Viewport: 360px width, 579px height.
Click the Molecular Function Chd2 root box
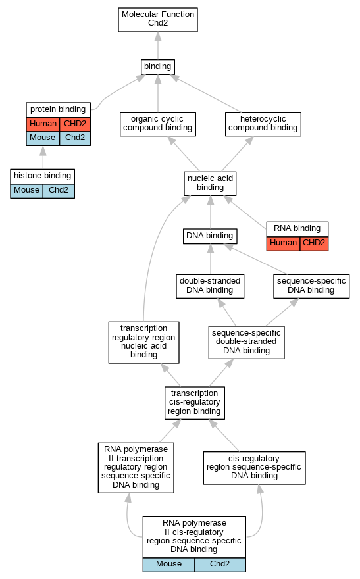pyautogui.click(x=158, y=20)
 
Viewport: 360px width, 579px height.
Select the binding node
pyautogui.click(x=158, y=67)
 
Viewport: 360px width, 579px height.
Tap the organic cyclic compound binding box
pyautogui.click(x=158, y=124)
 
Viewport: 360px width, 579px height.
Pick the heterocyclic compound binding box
pyautogui.click(x=263, y=124)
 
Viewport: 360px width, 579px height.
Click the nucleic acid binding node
pyautogui.click(x=210, y=184)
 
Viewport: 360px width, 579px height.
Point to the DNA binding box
pyautogui.click(x=210, y=236)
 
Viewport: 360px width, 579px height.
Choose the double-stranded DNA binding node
pyautogui.click(x=210, y=286)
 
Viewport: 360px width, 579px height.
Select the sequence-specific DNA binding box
pyautogui.click(x=311, y=286)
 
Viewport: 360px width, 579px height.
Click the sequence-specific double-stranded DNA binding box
pyautogui.click(x=246, y=342)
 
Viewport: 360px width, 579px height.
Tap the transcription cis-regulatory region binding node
pyautogui.click(x=195, y=403)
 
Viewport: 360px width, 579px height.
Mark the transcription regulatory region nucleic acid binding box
pyautogui.click(x=143, y=342)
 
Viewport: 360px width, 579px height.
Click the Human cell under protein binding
pyautogui.click(x=43, y=124)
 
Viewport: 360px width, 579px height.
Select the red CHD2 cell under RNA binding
pyautogui.click(x=314, y=243)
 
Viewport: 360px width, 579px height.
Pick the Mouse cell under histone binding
pyautogui.click(x=26, y=191)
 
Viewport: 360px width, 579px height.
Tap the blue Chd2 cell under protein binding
pyautogui.click(x=75, y=138)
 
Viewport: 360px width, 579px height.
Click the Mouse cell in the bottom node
pyautogui.click(x=168, y=565)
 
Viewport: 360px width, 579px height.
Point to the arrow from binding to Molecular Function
pyautogui.click(x=158, y=46)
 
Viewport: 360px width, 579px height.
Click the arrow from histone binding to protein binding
pyautogui.click(x=43, y=158)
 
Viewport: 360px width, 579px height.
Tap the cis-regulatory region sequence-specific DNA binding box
pyautogui.click(x=255, y=468)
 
